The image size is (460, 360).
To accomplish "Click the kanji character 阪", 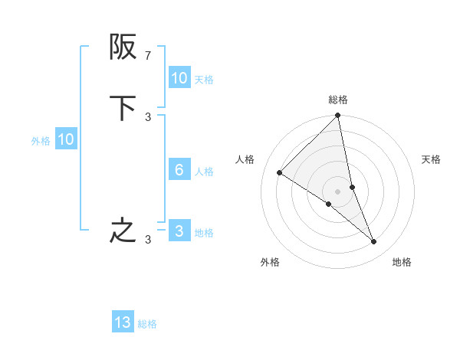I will pyautogui.click(x=123, y=47).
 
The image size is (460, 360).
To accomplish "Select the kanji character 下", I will pyautogui.click(x=123, y=108).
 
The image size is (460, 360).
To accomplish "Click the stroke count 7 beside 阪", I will pyautogui.click(x=147, y=55).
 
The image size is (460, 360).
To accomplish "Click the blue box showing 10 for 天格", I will pyautogui.click(x=179, y=78).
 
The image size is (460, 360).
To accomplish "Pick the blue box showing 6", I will pyautogui.click(x=179, y=170).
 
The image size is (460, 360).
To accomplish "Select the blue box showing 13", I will pyautogui.click(x=123, y=322).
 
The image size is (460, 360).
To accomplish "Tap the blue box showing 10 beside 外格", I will pyautogui.click(x=66, y=139).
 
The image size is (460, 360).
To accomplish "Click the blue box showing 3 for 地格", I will pyautogui.click(x=179, y=231).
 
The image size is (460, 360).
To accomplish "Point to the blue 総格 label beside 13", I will pyautogui.click(x=147, y=324).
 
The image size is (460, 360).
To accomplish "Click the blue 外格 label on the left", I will pyautogui.click(x=41, y=141).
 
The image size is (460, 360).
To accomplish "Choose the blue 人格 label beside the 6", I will pyautogui.click(x=205, y=172).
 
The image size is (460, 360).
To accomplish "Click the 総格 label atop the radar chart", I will pyautogui.click(x=338, y=100).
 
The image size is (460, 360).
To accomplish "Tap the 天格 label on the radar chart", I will pyautogui.click(x=431, y=159).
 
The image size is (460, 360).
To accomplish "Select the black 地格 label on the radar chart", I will pyautogui.click(x=402, y=262).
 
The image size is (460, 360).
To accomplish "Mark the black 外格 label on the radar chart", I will pyautogui.click(x=270, y=262).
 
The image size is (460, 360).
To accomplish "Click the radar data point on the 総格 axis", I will pyautogui.click(x=338, y=116).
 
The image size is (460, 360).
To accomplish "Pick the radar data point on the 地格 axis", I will pyautogui.click(x=374, y=241).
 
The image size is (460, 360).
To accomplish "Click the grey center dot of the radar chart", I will pyautogui.click(x=338, y=191).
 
